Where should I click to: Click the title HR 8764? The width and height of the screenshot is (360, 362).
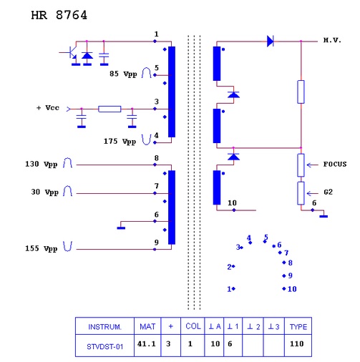[59, 15]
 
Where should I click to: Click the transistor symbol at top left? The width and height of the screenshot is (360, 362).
[70, 53]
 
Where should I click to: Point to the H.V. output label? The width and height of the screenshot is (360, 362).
[332, 40]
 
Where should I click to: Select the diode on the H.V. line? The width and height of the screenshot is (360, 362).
[270, 41]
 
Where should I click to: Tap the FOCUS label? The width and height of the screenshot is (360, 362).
[335, 164]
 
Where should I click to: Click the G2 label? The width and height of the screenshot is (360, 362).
[328, 192]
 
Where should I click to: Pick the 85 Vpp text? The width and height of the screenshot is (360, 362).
[123, 74]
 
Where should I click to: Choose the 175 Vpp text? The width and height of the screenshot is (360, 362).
[120, 141]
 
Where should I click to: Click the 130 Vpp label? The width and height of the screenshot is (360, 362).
[42, 164]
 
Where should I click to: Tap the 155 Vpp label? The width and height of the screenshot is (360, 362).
[42, 248]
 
